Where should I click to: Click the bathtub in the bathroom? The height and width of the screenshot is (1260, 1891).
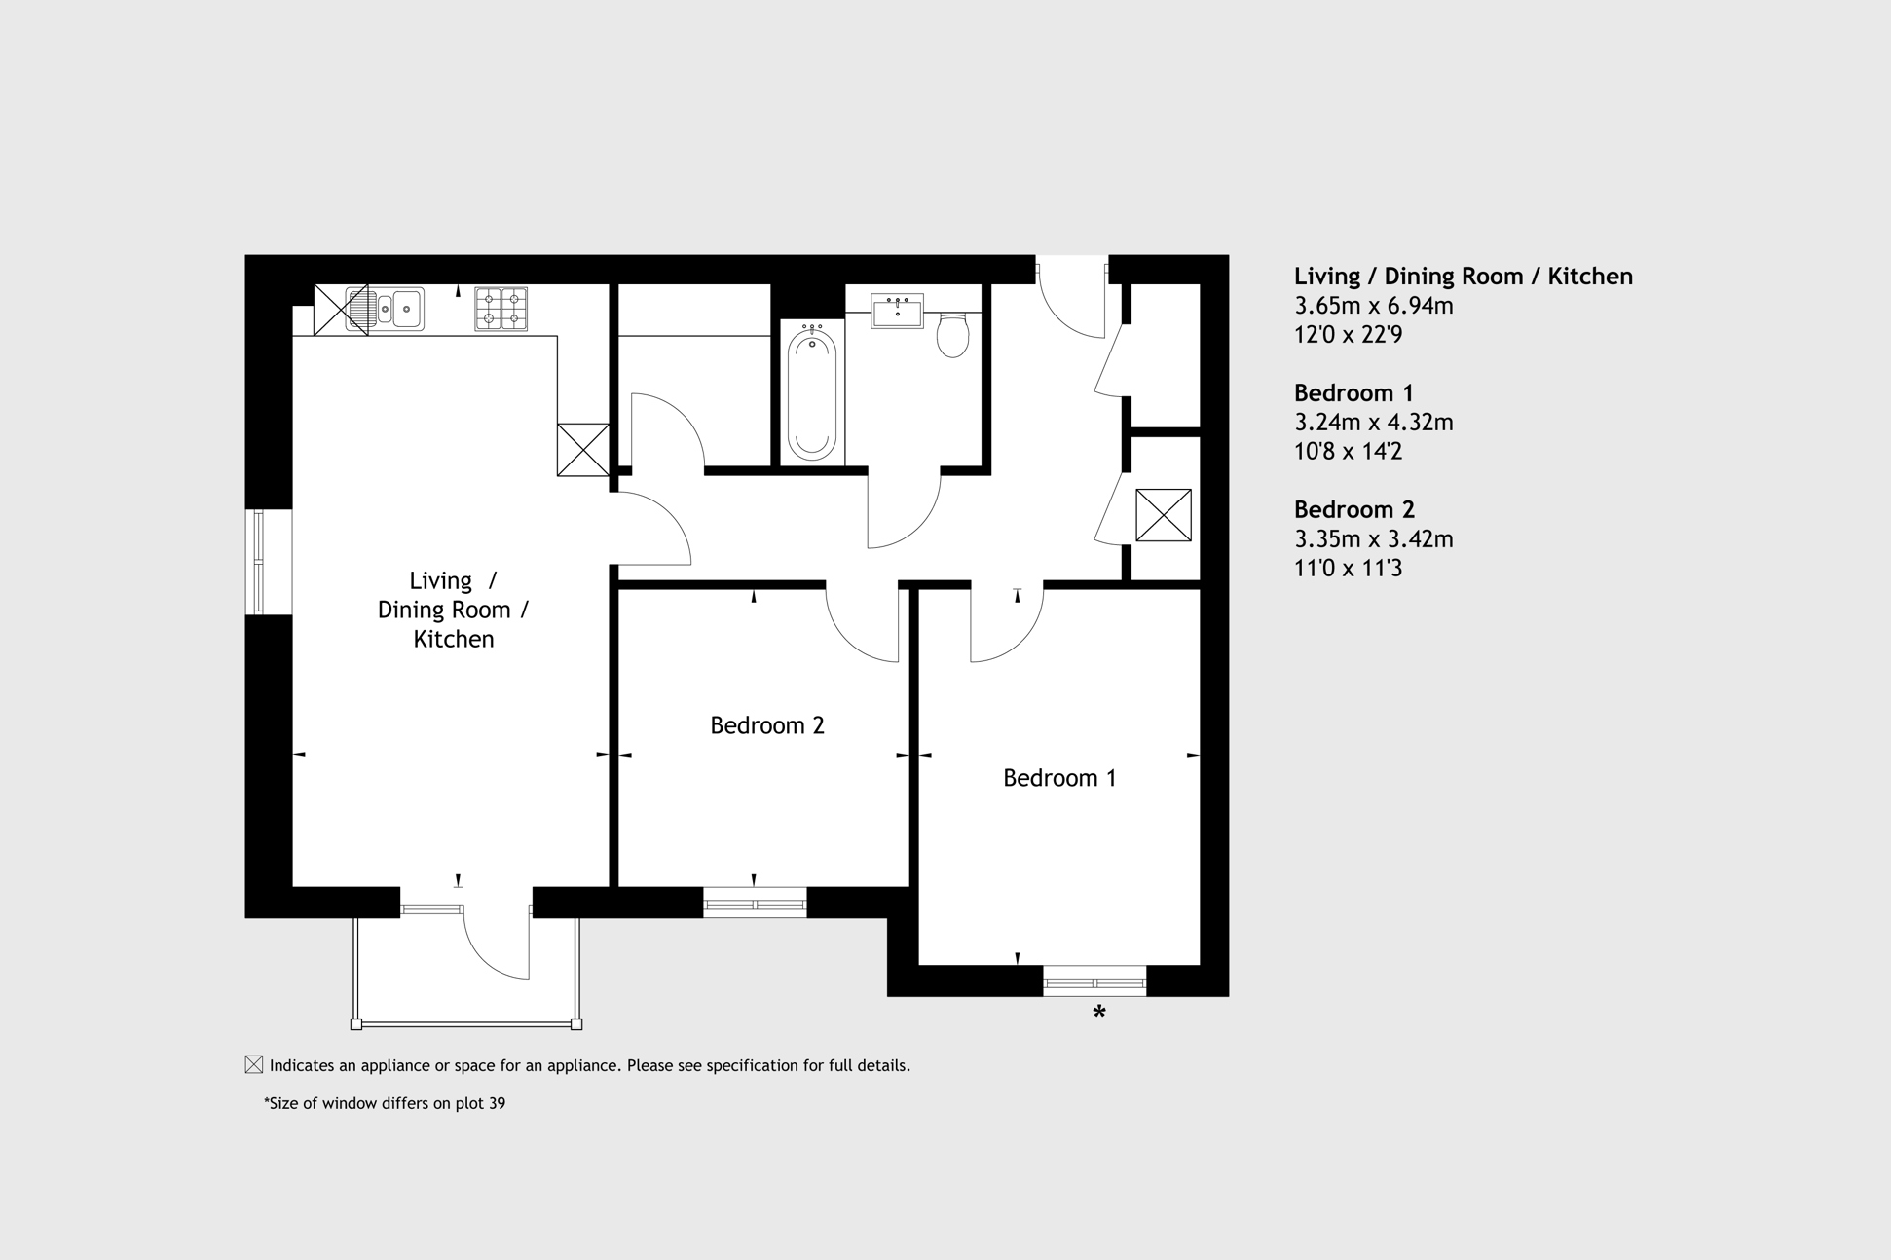pos(811,392)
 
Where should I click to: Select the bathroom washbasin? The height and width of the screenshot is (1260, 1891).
pos(897,313)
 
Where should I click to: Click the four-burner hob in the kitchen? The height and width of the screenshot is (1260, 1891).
pos(501,309)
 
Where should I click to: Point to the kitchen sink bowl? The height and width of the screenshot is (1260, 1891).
pos(406,310)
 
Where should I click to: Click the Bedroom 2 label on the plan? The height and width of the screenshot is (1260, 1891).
pos(767,725)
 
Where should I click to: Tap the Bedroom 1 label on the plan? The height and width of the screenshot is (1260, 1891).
pos(1059,778)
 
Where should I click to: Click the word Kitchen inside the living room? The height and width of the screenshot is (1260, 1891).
pos(454,639)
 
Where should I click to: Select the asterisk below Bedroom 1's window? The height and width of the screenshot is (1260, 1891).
pos(1099,1013)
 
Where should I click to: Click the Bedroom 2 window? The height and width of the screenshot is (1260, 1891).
pos(755,904)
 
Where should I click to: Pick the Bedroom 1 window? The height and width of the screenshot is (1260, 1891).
pos(1094,982)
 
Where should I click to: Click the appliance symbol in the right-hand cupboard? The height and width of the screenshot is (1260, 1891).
pos(1164,515)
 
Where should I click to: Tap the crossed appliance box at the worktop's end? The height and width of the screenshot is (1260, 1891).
pos(583,450)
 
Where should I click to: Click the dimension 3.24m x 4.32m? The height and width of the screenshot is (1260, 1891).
pos(1373,423)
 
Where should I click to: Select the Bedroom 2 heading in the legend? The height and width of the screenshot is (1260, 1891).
pos(1353,509)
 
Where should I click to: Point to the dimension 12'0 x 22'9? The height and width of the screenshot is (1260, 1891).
pos(1348,335)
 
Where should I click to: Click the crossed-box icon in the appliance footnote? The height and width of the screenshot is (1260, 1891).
pos(254,1064)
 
